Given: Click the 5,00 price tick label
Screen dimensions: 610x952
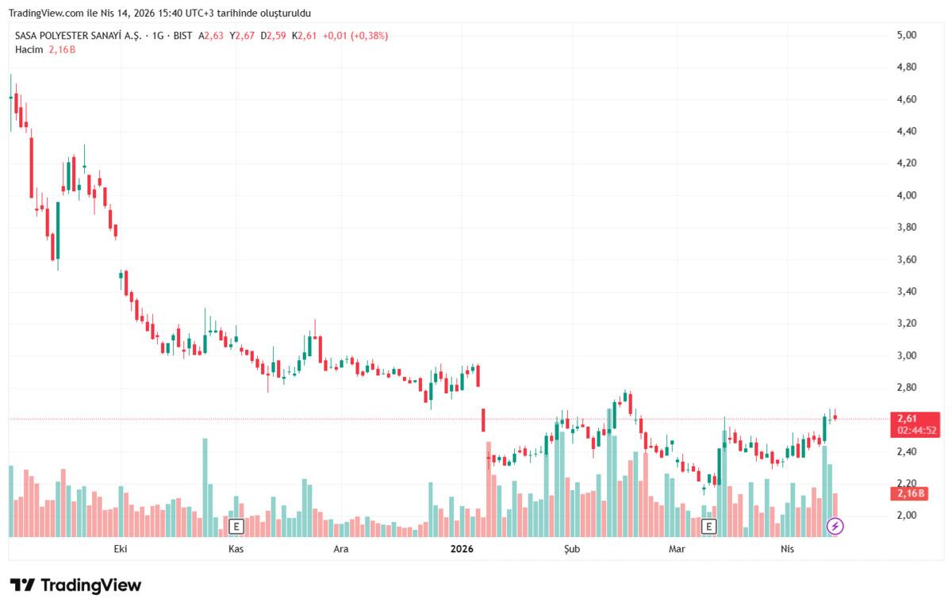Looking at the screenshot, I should [x=906, y=35].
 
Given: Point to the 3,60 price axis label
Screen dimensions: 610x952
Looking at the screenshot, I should [x=906, y=259].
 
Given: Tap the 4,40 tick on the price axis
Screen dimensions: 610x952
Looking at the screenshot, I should [x=906, y=131].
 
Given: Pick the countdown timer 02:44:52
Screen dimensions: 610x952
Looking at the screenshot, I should [x=917, y=431].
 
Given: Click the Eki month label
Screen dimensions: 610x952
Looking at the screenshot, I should [x=121, y=549].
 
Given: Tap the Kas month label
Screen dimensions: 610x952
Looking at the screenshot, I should [x=235, y=549].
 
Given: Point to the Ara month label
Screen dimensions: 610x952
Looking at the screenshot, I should [x=340, y=549].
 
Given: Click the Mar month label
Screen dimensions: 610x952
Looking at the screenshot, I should [x=677, y=549].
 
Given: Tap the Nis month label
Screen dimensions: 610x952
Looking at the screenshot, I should [x=787, y=549].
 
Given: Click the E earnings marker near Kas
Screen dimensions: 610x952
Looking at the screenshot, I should [x=236, y=525].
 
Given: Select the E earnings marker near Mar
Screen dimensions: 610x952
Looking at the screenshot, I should [x=708, y=525].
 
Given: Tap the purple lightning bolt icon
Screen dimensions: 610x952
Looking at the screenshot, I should [x=835, y=525].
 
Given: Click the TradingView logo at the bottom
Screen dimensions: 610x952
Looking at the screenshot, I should [x=76, y=585].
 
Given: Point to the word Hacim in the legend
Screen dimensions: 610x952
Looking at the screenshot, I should [x=29, y=49].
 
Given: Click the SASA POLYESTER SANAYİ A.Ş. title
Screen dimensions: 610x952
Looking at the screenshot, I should [x=77, y=36].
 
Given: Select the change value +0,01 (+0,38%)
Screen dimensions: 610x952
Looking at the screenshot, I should [x=355, y=36].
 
